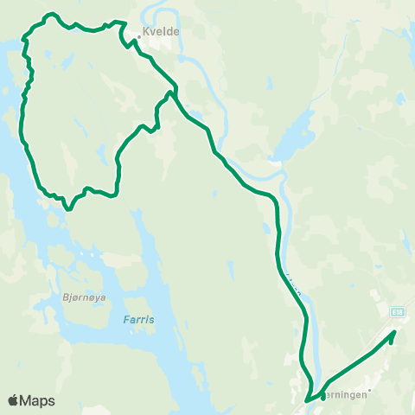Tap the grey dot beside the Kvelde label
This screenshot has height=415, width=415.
tap(138, 37)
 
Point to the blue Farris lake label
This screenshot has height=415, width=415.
tap(137, 319)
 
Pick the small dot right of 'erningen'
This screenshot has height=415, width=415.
tap(369, 390)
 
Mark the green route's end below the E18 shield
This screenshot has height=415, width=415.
tap(393, 339)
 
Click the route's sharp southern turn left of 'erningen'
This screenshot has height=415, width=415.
tap(307, 401)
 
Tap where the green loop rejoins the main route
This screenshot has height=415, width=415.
tap(175, 89)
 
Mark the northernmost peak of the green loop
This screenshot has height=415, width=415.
tap(51, 14)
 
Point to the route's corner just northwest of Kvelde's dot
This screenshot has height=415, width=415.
tap(126, 22)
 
